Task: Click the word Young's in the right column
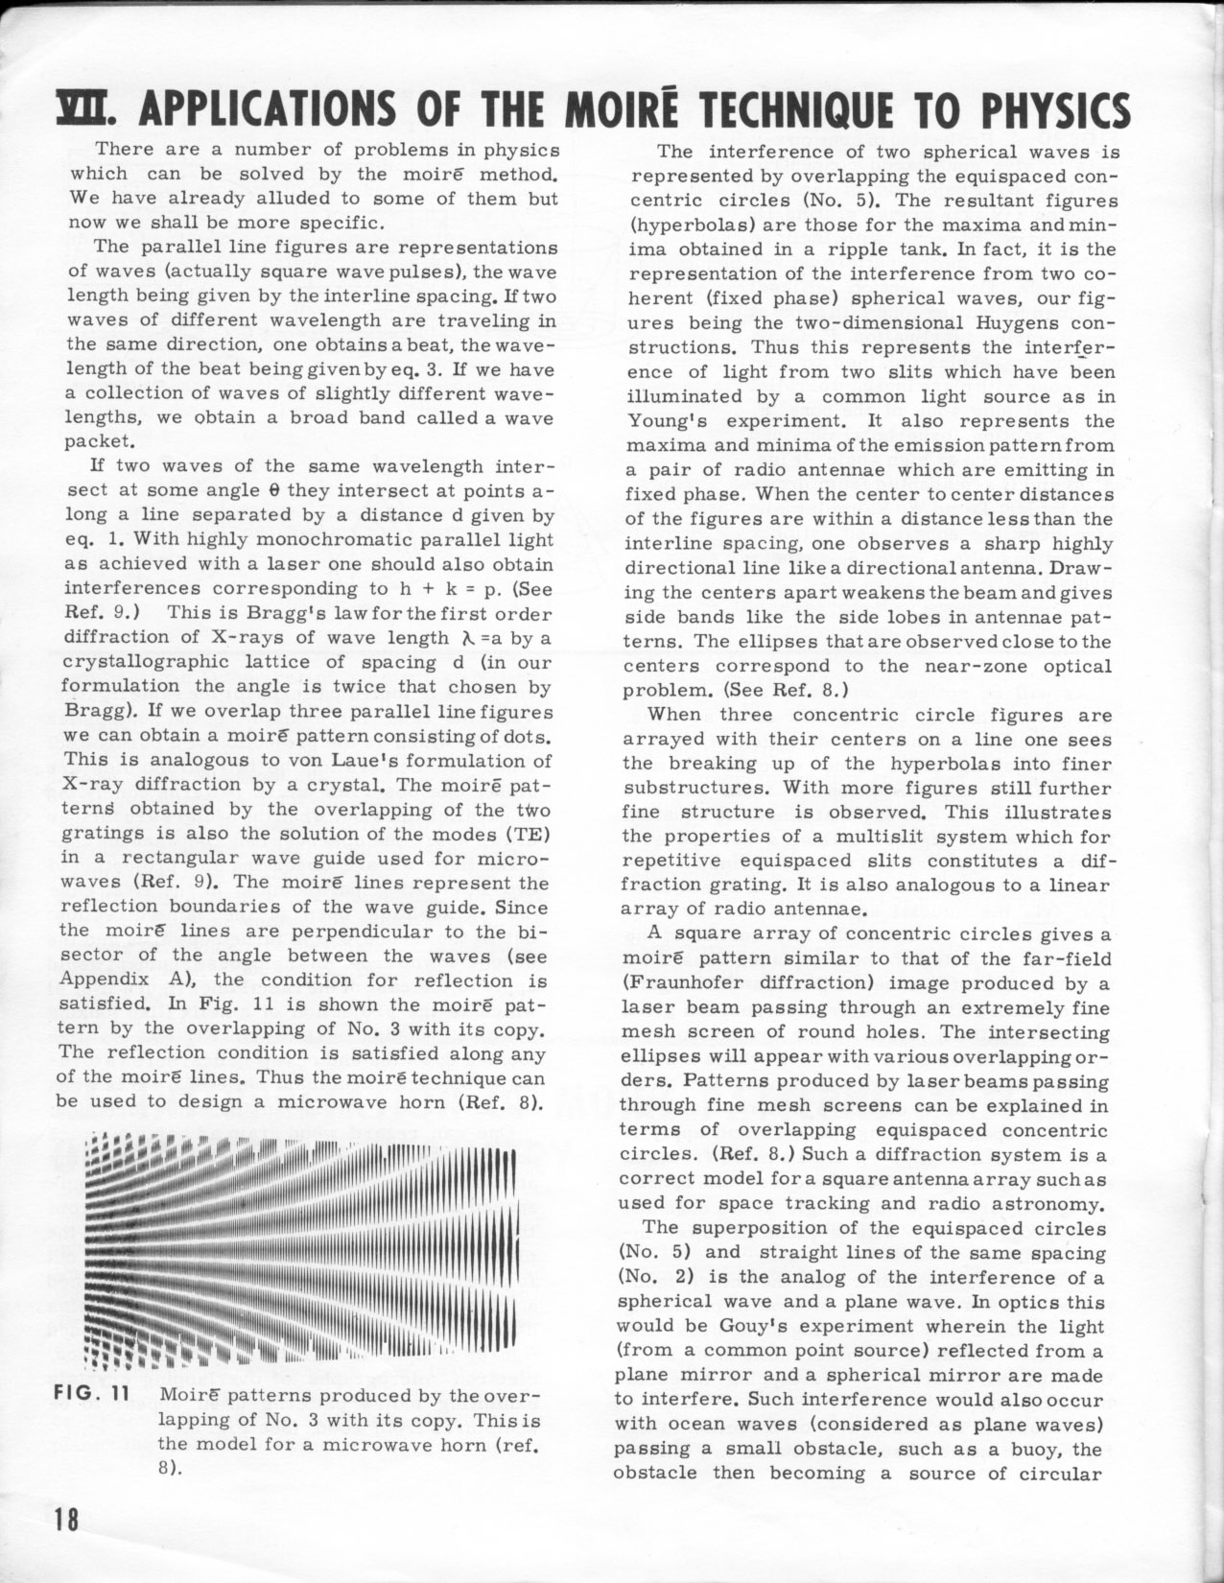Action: coord(665,420)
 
